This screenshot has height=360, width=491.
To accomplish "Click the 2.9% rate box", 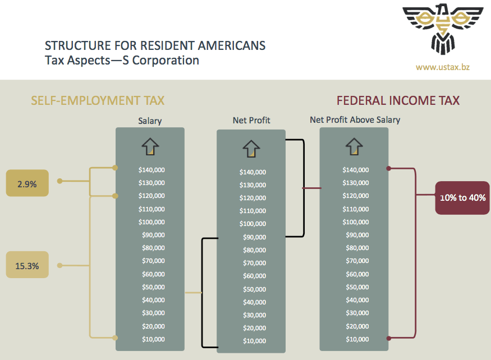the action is pos(27,183).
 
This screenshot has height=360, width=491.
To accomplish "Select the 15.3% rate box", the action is pos(27,265).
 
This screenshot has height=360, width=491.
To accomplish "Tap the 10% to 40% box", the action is pos(462,198).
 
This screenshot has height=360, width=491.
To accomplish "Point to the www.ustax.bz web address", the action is pos(443,67).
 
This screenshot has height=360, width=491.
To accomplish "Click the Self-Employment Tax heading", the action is pos(98,101).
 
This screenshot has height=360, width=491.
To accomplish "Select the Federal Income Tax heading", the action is pos(398,101).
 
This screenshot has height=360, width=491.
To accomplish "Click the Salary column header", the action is pos(150,121).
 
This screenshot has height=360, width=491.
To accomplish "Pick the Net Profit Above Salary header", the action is pos(355,120).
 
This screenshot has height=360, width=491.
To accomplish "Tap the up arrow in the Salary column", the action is pos(150,146).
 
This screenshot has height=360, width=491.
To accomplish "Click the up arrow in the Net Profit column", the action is pos(251,149).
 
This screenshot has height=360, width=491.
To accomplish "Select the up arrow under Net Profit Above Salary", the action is pos(354,146).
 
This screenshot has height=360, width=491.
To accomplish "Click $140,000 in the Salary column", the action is pos(152,170).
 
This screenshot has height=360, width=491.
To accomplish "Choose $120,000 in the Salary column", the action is pos(152,196).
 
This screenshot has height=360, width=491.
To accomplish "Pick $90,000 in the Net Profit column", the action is pos(254,237).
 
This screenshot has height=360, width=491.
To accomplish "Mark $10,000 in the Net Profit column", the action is pos(254,341).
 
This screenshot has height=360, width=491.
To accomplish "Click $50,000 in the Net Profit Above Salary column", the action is pos(357,287).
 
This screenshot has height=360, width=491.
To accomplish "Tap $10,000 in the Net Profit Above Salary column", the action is pos(357,339).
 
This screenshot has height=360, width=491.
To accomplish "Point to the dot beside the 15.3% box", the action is pos(60,265).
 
